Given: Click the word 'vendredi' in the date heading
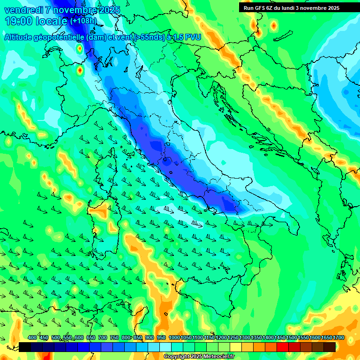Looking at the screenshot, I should pyautogui.click(x=20, y=10).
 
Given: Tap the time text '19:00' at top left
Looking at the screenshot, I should pyautogui.click(x=18, y=21).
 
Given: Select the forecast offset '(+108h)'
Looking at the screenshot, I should pyautogui.click(x=83, y=21).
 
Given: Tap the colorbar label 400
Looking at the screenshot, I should pyautogui.click(x=32, y=338).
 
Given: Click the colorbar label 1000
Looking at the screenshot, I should pyautogui.click(x=174, y=338).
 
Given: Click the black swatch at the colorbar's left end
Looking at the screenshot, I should pyautogui.click(x=25, y=347).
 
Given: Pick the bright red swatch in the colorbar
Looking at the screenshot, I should pyautogui.click(x=282, y=347).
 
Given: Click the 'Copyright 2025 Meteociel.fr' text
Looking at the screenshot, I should pyautogui.click(x=199, y=357).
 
